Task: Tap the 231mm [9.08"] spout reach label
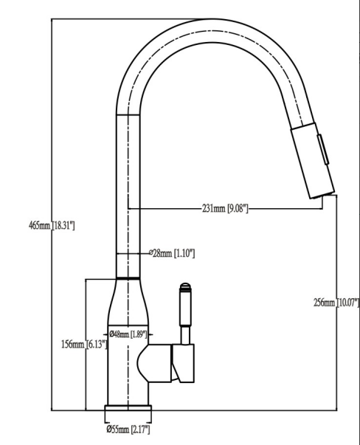tap(224, 209)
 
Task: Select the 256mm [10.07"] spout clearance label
tap(336, 302)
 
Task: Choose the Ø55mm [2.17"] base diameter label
tap(128, 430)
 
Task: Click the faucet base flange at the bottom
tap(129, 410)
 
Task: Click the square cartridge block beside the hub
tap(181, 362)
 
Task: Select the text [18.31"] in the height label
tap(62, 224)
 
